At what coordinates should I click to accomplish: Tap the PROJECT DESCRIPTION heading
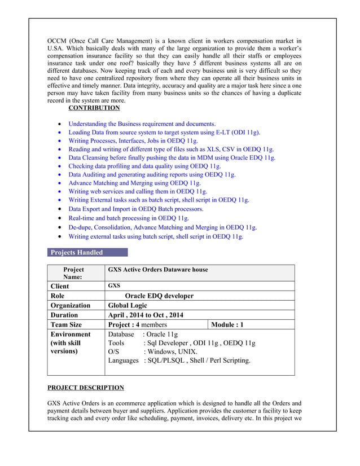pos(85,388)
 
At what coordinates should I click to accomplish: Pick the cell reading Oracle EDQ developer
pos(159,296)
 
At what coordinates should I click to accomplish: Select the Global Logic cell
pos(129,305)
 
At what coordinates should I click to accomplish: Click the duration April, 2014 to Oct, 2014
pos(146,315)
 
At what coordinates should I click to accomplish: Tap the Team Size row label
pos(66,325)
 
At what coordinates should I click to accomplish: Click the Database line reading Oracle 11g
pos(142,335)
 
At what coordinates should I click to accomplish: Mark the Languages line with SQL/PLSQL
pos(179,360)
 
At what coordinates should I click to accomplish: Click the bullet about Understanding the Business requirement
pos(142,124)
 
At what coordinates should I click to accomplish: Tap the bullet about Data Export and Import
pos(135,209)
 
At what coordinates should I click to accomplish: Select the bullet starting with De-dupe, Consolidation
pos(163,227)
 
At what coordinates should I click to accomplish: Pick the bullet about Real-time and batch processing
pos(129,218)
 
